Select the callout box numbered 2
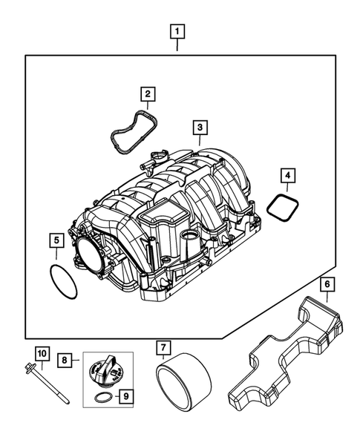click(x=148, y=93)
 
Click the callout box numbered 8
click(x=65, y=360)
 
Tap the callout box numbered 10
click(x=42, y=353)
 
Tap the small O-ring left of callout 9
click(x=105, y=400)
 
